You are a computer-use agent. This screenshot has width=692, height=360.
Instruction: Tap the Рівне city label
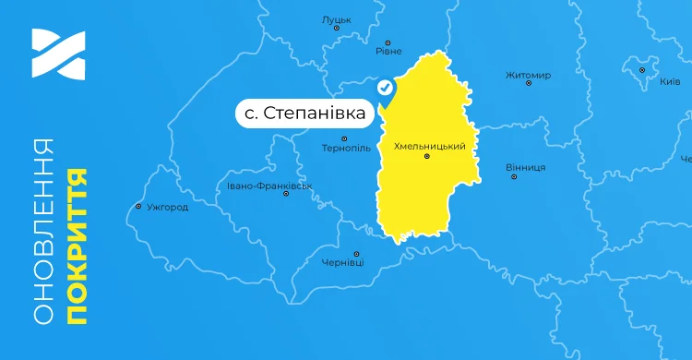point(388,54)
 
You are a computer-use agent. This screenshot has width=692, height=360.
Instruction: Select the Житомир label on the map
point(528,75)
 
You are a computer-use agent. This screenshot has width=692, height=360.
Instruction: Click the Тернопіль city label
point(345,149)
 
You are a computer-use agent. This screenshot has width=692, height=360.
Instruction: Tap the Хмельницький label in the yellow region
point(429,146)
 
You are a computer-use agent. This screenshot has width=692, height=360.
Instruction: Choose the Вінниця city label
point(526,167)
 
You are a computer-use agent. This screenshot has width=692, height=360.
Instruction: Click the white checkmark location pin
point(386,88)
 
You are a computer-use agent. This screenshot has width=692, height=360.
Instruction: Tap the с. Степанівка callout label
point(304,114)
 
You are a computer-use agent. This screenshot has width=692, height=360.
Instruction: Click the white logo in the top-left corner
point(57,54)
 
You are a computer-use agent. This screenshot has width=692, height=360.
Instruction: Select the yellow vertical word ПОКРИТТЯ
point(77,245)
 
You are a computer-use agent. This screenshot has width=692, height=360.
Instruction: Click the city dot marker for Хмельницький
point(426,157)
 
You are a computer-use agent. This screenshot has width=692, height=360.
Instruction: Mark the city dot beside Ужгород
point(137,207)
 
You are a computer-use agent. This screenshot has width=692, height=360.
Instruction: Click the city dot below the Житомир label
point(528,84)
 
